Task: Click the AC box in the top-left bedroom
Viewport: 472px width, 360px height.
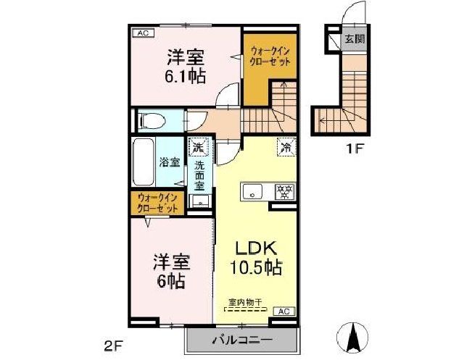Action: [142, 33]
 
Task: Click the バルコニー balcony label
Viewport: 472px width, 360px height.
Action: [241, 340]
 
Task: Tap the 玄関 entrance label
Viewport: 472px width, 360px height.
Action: [354, 38]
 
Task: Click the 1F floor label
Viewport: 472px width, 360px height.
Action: [353, 151]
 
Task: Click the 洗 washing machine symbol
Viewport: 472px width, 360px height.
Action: [197, 148]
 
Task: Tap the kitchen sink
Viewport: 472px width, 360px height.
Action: [253, 193]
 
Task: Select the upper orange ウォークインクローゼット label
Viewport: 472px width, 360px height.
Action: [271, 56]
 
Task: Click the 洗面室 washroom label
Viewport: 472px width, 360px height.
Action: [199, 175]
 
